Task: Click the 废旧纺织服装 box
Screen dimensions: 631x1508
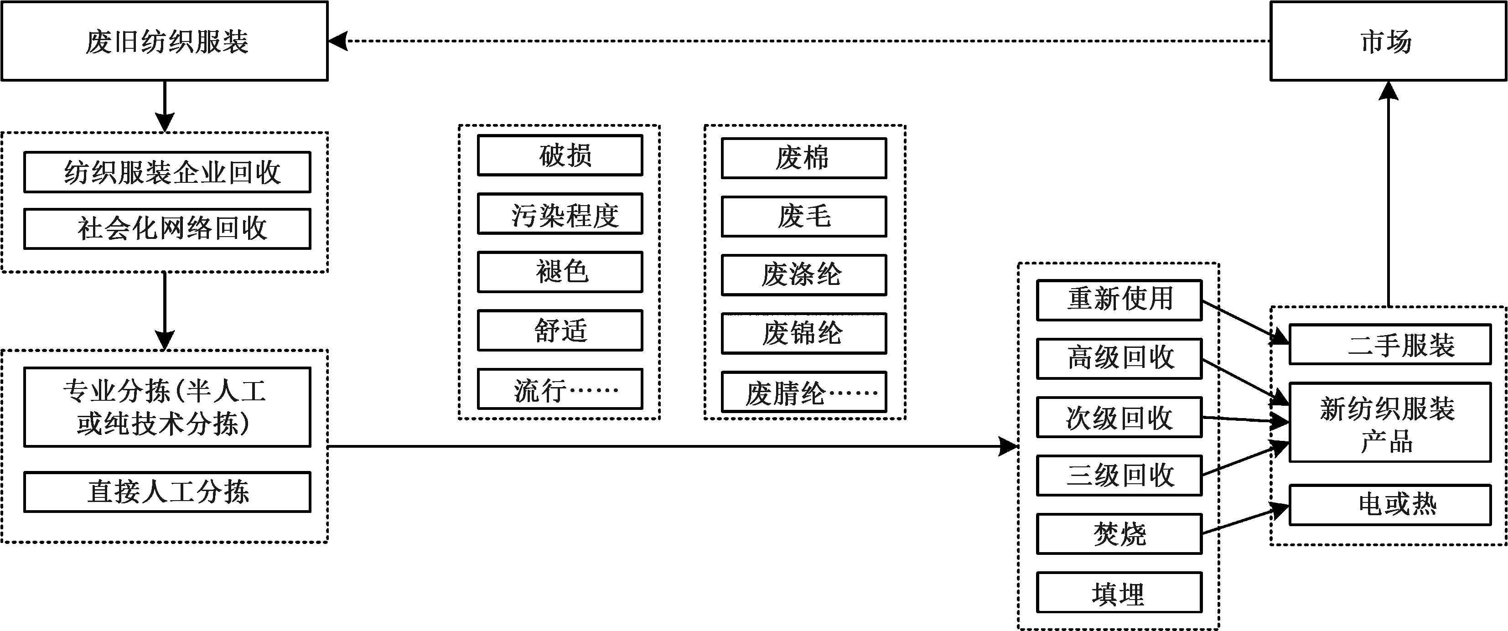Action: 165,41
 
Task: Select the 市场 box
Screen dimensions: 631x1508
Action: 1388,41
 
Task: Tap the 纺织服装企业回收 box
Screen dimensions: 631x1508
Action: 167,172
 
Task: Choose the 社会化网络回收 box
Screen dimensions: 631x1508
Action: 167,228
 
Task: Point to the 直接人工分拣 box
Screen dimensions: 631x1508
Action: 167,491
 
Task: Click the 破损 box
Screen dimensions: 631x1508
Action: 560,155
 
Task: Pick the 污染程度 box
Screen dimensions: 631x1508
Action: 560,214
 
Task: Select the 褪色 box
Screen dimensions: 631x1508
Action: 560,272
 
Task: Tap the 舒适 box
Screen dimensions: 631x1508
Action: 560,330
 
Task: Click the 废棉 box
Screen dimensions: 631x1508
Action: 804,158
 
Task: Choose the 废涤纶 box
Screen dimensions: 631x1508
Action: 804,274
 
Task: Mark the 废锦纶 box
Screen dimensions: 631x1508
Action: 804,333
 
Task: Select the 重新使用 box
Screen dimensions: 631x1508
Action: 1119,300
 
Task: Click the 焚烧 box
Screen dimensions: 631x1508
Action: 1119,533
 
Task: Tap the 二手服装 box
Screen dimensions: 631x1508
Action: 1390,344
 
